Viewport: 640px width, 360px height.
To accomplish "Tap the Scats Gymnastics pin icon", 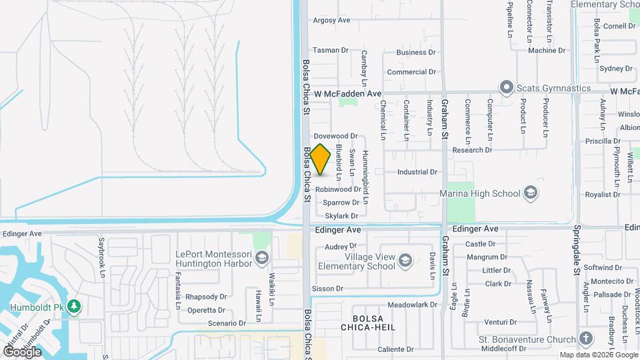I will (506, 87).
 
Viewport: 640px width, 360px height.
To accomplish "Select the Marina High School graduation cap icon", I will (531, 193).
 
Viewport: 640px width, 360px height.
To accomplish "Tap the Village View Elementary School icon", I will (405, 261).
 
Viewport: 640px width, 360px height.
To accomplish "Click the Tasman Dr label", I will (331, 50).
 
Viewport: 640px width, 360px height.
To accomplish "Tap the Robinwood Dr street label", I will (338, 189).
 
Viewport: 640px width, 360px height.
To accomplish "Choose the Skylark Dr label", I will (342, 215).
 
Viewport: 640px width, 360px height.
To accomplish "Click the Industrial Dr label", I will (417, 172).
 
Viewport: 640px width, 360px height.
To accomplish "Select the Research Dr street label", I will (472, 150).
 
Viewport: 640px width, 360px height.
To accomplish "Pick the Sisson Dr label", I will (327, 289).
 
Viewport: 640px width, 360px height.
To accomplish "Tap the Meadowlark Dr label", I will (412, 305).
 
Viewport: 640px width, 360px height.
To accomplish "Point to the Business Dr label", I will (416, 52).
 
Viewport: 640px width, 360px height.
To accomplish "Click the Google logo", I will (23, 351).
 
